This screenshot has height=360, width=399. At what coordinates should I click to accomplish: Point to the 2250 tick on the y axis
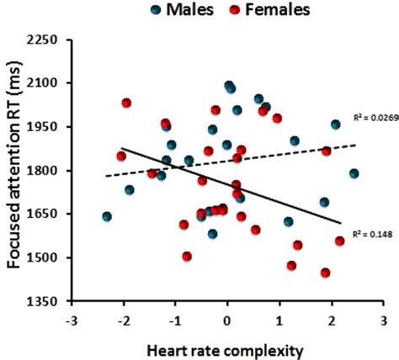pyautogui.click(x=48, y=40)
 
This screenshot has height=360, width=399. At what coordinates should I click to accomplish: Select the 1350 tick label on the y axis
pyautogui.click(x=48, y=301)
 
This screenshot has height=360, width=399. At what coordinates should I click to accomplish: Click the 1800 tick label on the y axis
pyautogui.click(x=48, y=171)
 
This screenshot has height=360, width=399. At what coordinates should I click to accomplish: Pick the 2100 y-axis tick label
pyautogui.click(x=48, y=83)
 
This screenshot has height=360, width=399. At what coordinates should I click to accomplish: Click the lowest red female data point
pyautogui.click(x=325, y=273)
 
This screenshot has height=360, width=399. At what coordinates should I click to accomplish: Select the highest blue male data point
pyautogui.click(x=228, y=86)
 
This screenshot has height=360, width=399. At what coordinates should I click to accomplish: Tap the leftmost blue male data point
pyautogui.click(x=107, y=216)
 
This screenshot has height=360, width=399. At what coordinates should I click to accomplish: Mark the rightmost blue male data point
pyautogui.click(x=354, y=173)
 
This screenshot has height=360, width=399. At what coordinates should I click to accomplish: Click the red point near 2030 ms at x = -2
pyautogui.click(x=126, y=103)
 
